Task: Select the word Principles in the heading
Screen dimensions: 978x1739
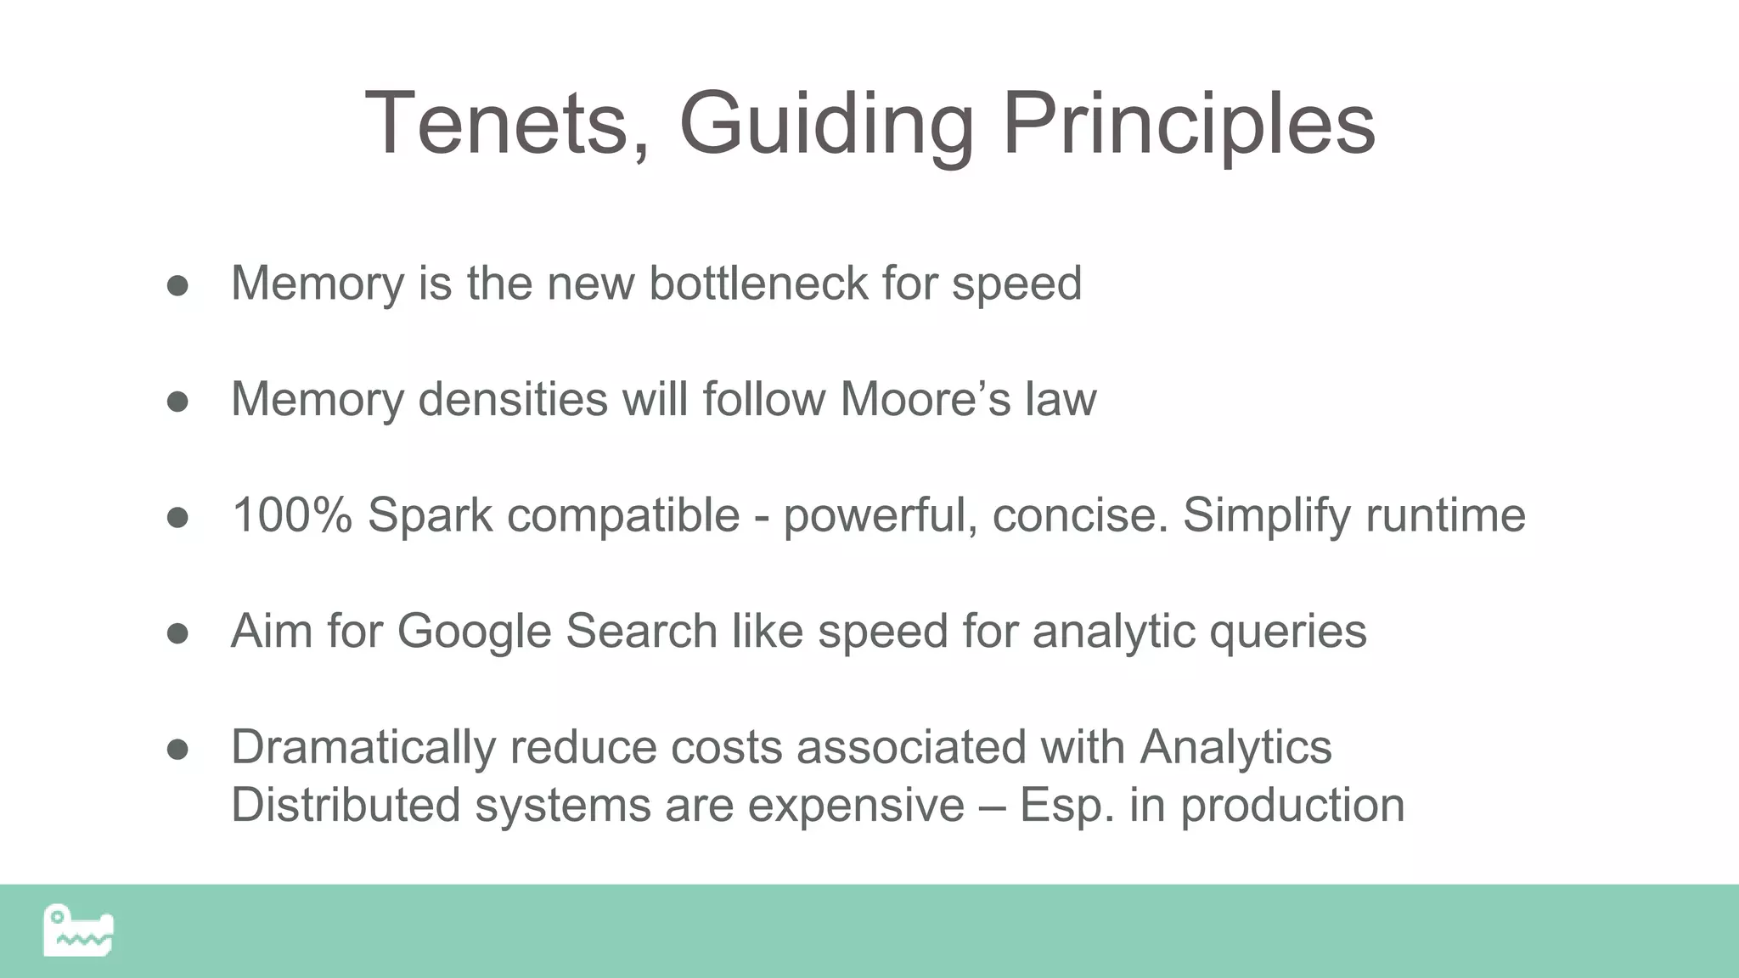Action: click(1188, 124)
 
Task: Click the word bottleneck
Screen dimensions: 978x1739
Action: click(758, 283)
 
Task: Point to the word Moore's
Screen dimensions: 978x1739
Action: click(926, 399)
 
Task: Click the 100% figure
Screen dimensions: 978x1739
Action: click(291, 515)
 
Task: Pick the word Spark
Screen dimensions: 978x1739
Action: click(430, 515)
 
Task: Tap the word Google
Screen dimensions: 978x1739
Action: click(474, 632)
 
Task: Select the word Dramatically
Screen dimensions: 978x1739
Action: click(363, 748)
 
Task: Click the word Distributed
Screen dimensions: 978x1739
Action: click(346, 805)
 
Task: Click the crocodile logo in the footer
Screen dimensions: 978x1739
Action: click(78, 931)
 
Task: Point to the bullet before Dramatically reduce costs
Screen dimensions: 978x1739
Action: click(177, 750)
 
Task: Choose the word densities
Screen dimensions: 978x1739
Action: click(513, 399)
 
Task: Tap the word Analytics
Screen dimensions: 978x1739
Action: click(1235, 748)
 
